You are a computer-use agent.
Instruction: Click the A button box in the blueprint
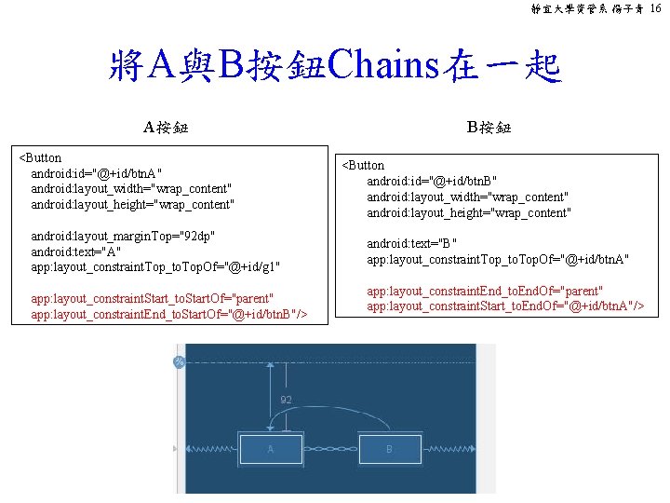271,449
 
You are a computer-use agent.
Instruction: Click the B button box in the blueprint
389,449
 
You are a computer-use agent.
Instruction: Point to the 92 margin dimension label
286,400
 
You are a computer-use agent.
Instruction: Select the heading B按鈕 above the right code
489,126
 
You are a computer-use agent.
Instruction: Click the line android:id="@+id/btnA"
96,173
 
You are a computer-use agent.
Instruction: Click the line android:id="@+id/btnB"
432,181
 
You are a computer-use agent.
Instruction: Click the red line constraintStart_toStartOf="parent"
152,299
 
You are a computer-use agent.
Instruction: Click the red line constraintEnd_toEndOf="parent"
485,292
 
